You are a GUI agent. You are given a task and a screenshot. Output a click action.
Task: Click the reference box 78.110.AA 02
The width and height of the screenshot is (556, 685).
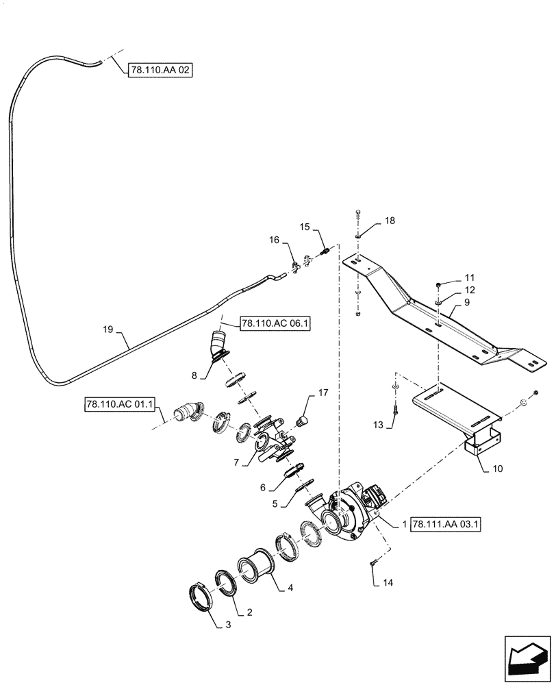tap(160, 70)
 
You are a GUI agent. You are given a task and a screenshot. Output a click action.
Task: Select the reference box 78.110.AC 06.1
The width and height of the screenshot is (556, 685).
tap(275, 323)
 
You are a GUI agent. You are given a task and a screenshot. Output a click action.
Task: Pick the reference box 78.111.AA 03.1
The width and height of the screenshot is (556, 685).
tap(447, 524)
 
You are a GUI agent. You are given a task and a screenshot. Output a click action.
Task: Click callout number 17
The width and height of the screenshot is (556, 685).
tap(323, 393)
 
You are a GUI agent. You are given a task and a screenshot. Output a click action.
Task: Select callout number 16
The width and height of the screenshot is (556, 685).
tap(274, 240)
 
